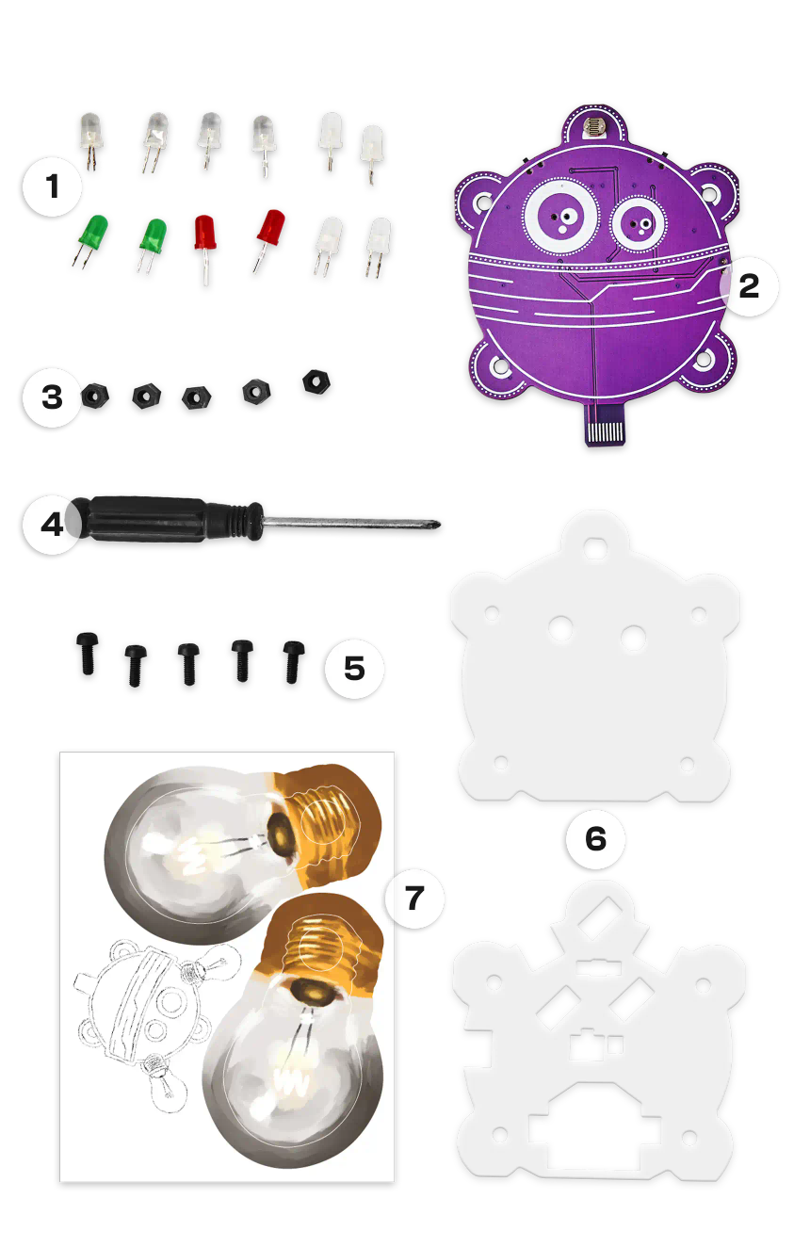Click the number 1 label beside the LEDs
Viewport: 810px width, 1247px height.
(x=53, y=186)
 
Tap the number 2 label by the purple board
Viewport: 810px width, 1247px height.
(x=750, y=286)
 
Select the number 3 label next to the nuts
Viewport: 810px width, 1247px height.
(x=53, y=397)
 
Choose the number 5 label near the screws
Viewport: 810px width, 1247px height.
(x=355, y=669)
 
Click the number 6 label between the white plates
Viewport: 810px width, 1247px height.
(x=595, y=839)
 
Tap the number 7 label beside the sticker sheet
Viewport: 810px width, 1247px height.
(x=414, y=898)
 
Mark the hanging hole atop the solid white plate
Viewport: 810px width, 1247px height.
(x=595, y=546)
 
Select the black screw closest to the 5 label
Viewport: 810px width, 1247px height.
(x=293, y=661)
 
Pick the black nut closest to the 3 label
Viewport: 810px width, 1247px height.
(x=95, y=397)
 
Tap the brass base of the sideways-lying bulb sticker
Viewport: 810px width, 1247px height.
(x=330, y=824)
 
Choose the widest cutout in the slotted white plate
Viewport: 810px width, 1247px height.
(x=593, y=1134)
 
